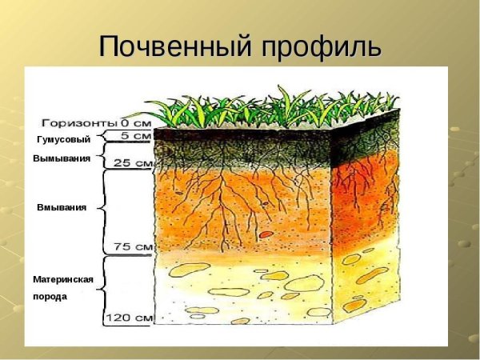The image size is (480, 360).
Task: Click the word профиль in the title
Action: tap(320, 46)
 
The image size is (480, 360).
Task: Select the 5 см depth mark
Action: tap(138, 136)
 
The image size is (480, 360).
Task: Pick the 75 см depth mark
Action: tap(134, 247)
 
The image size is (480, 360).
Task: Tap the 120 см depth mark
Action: tap(130, 318)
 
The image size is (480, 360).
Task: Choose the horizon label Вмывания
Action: tap(62, 207)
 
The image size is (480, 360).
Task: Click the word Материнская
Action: tap(63, 280)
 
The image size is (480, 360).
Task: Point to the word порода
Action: tap(50, 296)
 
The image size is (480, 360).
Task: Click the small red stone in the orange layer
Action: tap(265, 234)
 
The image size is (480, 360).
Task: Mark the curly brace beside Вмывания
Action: tap(106, 207)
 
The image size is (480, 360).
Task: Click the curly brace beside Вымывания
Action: tap(106, 158)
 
